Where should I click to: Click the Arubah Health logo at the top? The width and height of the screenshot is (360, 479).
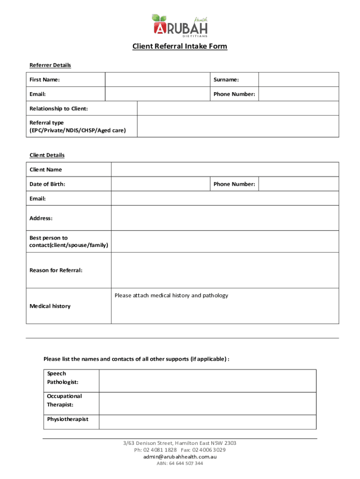[180, 25]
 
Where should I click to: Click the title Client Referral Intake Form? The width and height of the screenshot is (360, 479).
[180, 46]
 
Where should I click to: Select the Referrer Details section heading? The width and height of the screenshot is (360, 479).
[50, 65]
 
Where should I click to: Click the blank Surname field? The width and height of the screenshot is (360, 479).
[298, 80]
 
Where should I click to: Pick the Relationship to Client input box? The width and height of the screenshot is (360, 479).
[238, 109]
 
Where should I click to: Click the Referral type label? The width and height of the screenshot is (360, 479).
[77, 126]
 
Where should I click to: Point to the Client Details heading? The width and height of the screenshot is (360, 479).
[47, 155]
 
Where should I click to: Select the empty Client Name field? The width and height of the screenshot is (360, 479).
[225, 169]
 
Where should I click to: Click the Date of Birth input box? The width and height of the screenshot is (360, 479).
[159, 184]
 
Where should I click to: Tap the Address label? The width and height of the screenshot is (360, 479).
[41, 218]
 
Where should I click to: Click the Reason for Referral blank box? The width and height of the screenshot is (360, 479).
[225, 270]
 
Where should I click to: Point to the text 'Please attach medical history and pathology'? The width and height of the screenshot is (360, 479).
[171, 296]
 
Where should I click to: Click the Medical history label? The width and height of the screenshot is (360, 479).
[50, 306]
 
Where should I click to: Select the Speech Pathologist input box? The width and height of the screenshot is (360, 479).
[208, 381]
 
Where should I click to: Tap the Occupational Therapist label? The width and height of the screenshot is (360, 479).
[64, 400]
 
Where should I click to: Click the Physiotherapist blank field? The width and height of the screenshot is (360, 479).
[208, 422]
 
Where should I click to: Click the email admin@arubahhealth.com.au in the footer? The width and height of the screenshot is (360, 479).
[180, 457]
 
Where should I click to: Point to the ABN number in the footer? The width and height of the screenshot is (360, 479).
[180, 464]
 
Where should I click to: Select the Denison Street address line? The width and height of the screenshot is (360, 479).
[180, 443]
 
